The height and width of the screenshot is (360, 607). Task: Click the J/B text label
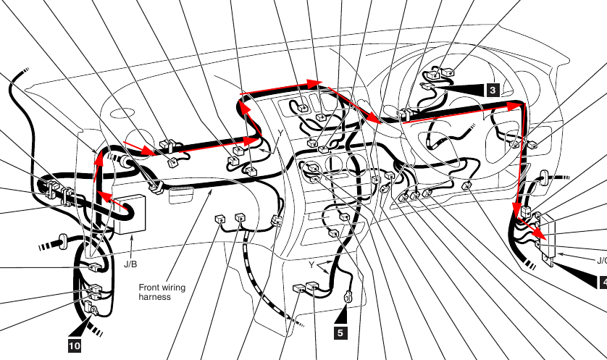[130, 264]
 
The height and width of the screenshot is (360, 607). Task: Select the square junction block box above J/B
[131, 215]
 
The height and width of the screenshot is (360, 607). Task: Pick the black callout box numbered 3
[493, 91]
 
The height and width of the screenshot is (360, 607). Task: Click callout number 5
[340, 333]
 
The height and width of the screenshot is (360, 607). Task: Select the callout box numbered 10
[75, 346]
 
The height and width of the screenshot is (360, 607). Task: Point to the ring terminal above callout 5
[348, 297]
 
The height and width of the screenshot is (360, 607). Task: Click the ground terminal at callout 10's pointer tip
[93, 309]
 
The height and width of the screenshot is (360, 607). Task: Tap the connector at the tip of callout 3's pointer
[427, 86]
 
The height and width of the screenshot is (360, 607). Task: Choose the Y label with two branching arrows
[311, 265]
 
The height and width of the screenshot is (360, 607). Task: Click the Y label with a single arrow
[281, 133]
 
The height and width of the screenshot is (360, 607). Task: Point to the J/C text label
[602, 261]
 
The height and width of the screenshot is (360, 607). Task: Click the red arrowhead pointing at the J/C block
[540, 235]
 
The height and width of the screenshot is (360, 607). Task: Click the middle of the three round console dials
[334, 164]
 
